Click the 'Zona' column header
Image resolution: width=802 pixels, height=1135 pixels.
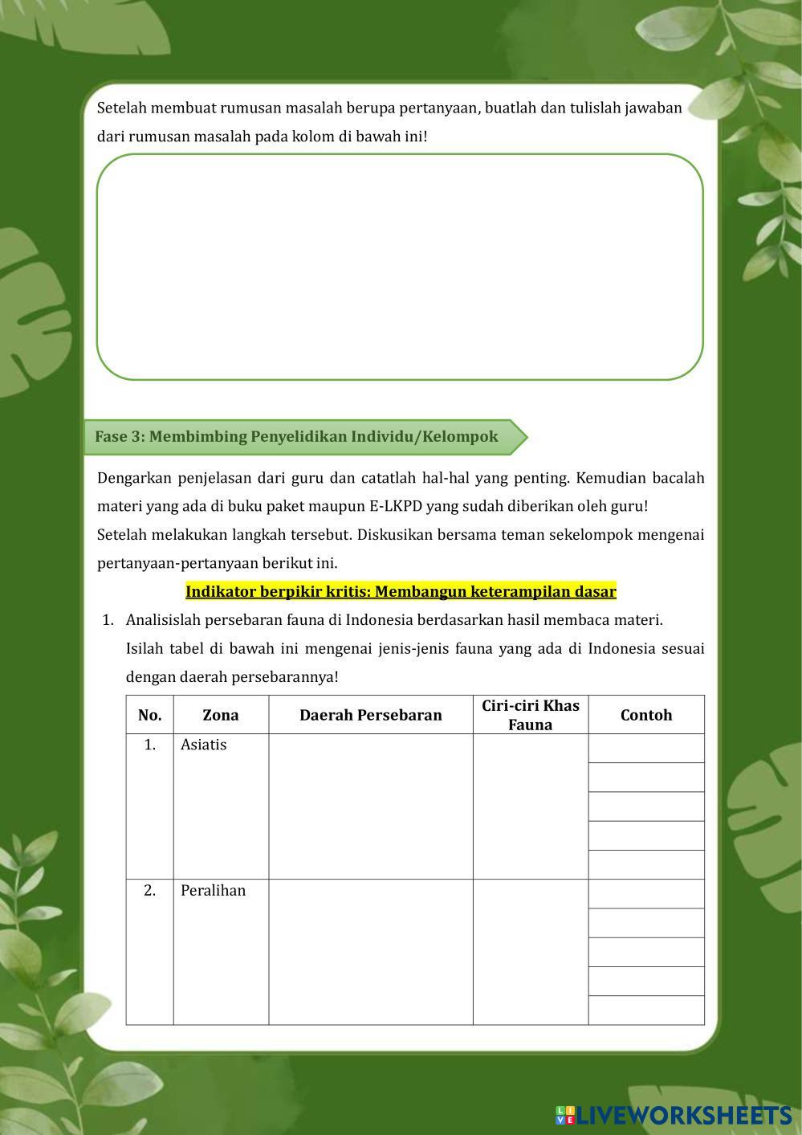coord(220,715)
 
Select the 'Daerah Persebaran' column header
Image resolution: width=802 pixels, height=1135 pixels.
coord(370,715)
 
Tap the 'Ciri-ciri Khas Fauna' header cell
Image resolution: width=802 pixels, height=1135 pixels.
coord(530,715)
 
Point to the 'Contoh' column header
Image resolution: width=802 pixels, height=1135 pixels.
coord(645,715)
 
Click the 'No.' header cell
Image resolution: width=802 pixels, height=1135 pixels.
coord(149,715)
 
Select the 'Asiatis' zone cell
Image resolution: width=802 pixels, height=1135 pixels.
coord(204,745)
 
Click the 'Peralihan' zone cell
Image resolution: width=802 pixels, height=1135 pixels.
coord(213,891)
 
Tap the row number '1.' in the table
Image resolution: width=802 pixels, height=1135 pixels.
coord(149,745)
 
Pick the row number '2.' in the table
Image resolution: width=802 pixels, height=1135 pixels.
coord(149,891)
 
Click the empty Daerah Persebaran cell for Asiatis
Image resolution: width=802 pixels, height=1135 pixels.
coord(370,806)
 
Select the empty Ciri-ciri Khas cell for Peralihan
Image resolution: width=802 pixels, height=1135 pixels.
coord(530,952)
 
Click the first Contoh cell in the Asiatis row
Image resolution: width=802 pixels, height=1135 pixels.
coord(645,749)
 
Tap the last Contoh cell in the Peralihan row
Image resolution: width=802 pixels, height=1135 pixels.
coord(645,1010)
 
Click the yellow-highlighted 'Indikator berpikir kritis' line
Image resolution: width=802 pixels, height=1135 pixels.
coord(401,592)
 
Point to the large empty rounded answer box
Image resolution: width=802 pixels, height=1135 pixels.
coord(400,267)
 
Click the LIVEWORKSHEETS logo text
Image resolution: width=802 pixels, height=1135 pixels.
coord(682,1115)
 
